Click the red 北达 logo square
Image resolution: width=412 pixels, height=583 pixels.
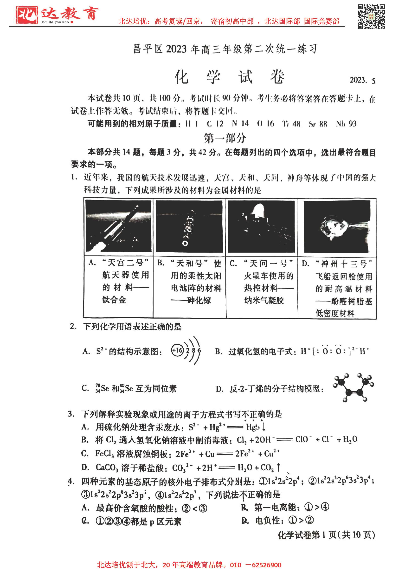click(27, 15)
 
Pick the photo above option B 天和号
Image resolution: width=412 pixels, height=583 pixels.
click(189, 226)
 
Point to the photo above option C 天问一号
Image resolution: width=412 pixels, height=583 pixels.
click(261, 226)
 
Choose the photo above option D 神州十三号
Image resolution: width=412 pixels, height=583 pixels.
click(337, 226)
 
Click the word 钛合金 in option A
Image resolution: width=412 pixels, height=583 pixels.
click(114, 300)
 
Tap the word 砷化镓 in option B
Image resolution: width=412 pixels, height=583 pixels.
click(199, 300)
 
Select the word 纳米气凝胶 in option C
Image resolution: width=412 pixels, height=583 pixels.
click(264, 300)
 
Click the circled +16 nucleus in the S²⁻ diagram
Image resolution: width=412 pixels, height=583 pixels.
click(177, 350)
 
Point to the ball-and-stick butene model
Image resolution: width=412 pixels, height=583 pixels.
click(354, 387)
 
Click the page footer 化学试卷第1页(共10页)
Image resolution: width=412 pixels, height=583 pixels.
click(326, 535)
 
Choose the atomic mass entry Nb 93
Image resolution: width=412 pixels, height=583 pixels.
click(346, 124)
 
